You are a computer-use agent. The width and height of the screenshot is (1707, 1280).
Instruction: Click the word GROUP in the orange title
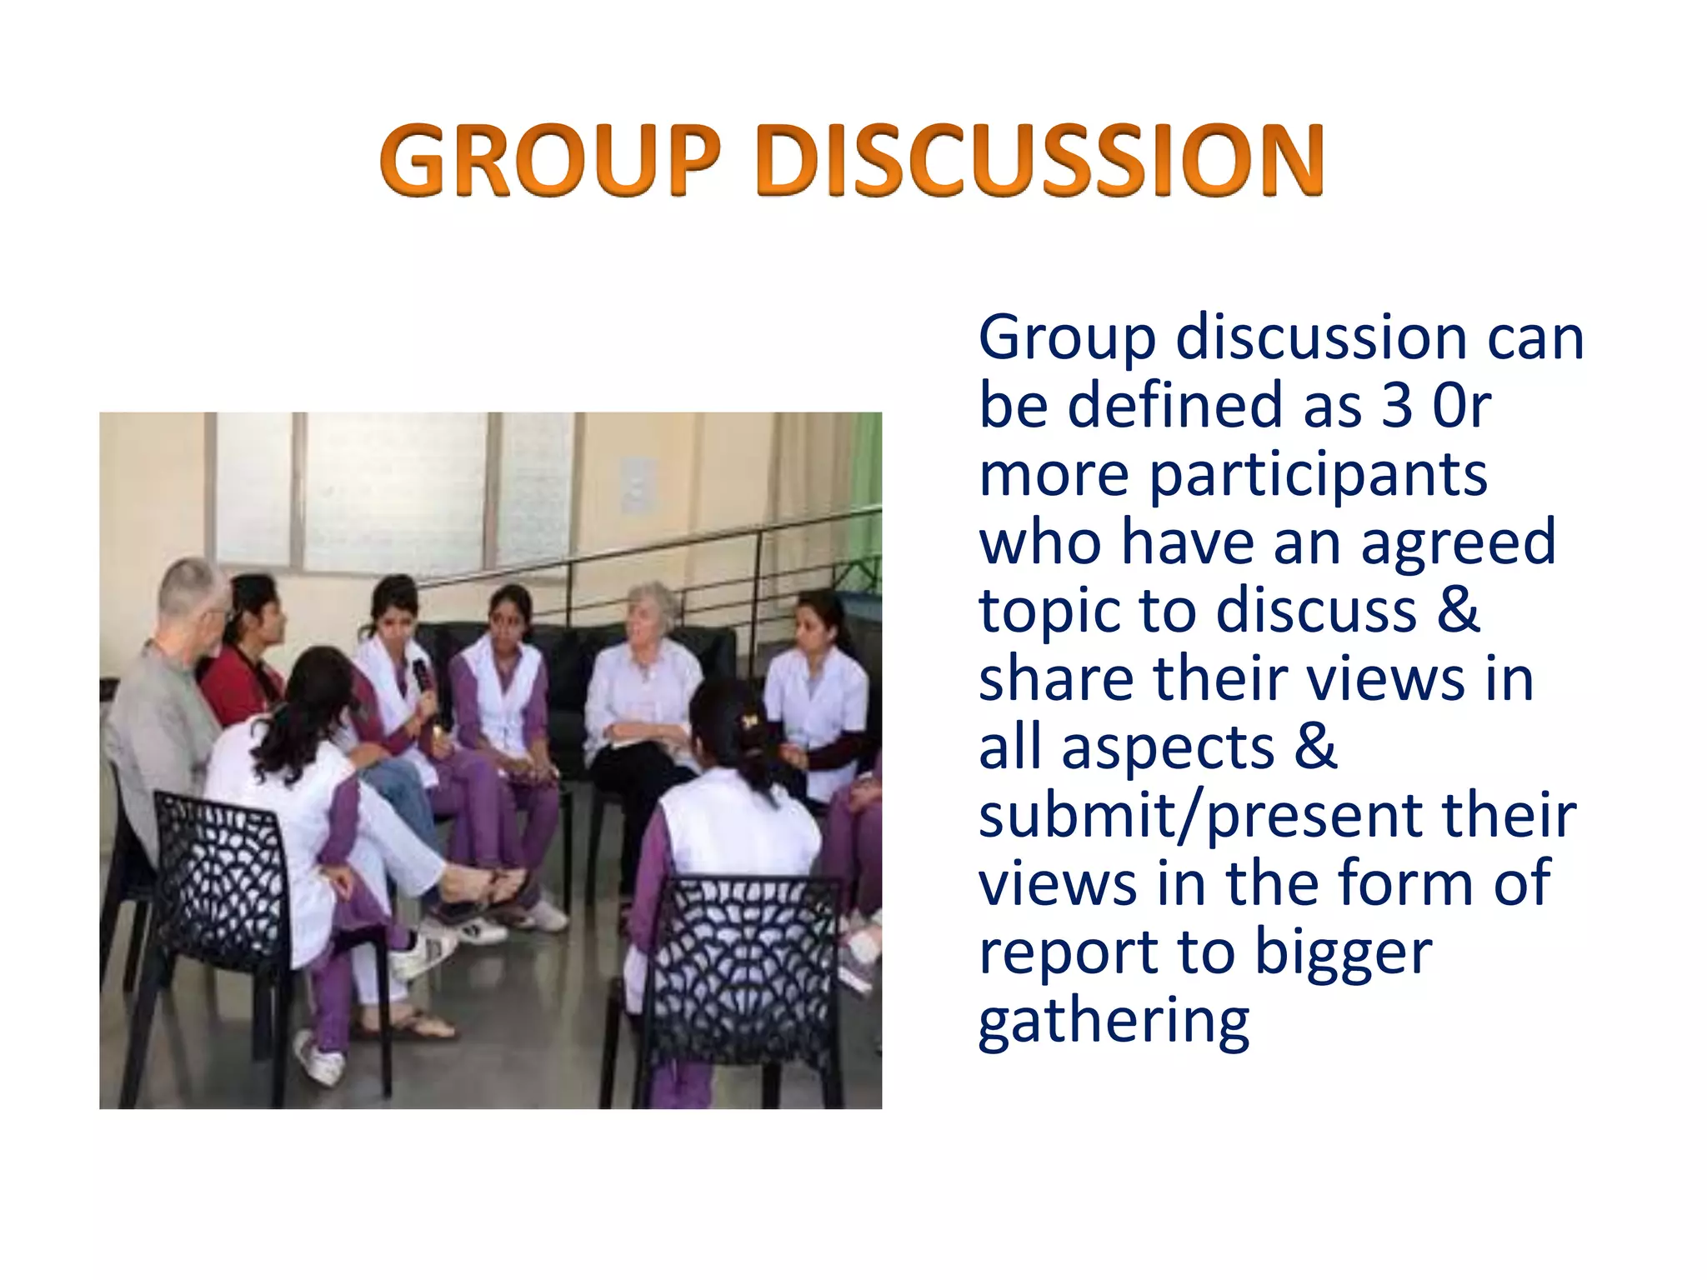(x=550, y=160)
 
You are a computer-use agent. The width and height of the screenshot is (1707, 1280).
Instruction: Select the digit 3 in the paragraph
(x=1397, y=406)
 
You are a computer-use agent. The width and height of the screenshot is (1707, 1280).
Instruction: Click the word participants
(x=1318, y=476)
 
